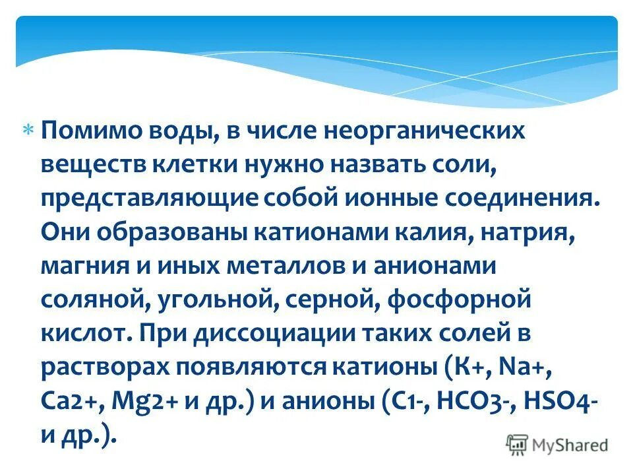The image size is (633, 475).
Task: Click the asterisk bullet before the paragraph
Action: (29, 131)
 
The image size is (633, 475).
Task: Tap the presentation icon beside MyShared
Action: (517, 445)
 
